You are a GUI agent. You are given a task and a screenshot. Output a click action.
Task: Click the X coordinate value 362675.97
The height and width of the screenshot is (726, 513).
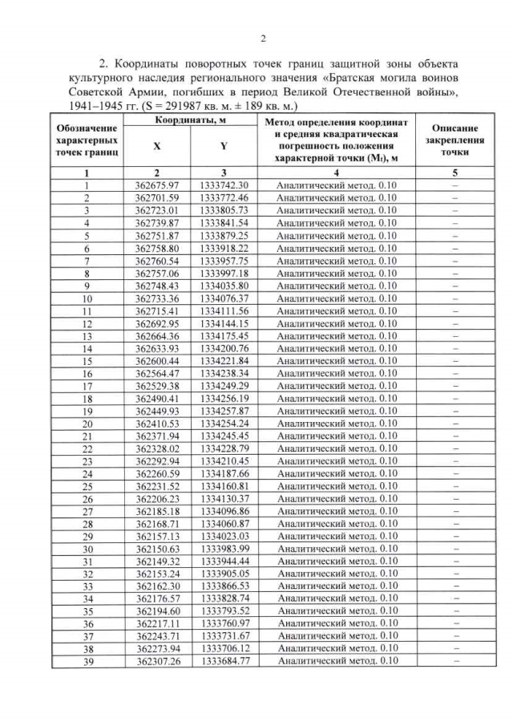click(156, 185)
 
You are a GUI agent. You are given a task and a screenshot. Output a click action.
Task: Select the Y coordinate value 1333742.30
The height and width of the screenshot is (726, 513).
click(224, 185)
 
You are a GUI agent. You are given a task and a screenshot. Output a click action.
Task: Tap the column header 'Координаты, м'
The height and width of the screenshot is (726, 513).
click(190, 120)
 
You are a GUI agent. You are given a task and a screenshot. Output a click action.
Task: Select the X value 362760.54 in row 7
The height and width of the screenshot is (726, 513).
click(156, 261)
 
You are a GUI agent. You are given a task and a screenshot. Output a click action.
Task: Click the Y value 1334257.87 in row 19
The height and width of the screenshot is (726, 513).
click(224, 411)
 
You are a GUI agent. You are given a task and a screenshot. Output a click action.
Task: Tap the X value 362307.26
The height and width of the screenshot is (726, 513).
click(156, 661)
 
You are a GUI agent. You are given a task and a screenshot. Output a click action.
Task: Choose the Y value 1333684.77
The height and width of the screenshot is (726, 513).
click(224, 661)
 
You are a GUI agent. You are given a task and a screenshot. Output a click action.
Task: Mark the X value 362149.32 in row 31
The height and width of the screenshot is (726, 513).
click(156, 561)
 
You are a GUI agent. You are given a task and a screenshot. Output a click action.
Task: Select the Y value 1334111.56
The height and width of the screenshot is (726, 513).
click(224, 310)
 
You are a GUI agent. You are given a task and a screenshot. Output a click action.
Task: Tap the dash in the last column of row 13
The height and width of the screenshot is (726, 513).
click(454, 335)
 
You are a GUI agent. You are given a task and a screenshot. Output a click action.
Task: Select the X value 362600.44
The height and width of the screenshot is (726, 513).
click(156, 361)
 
